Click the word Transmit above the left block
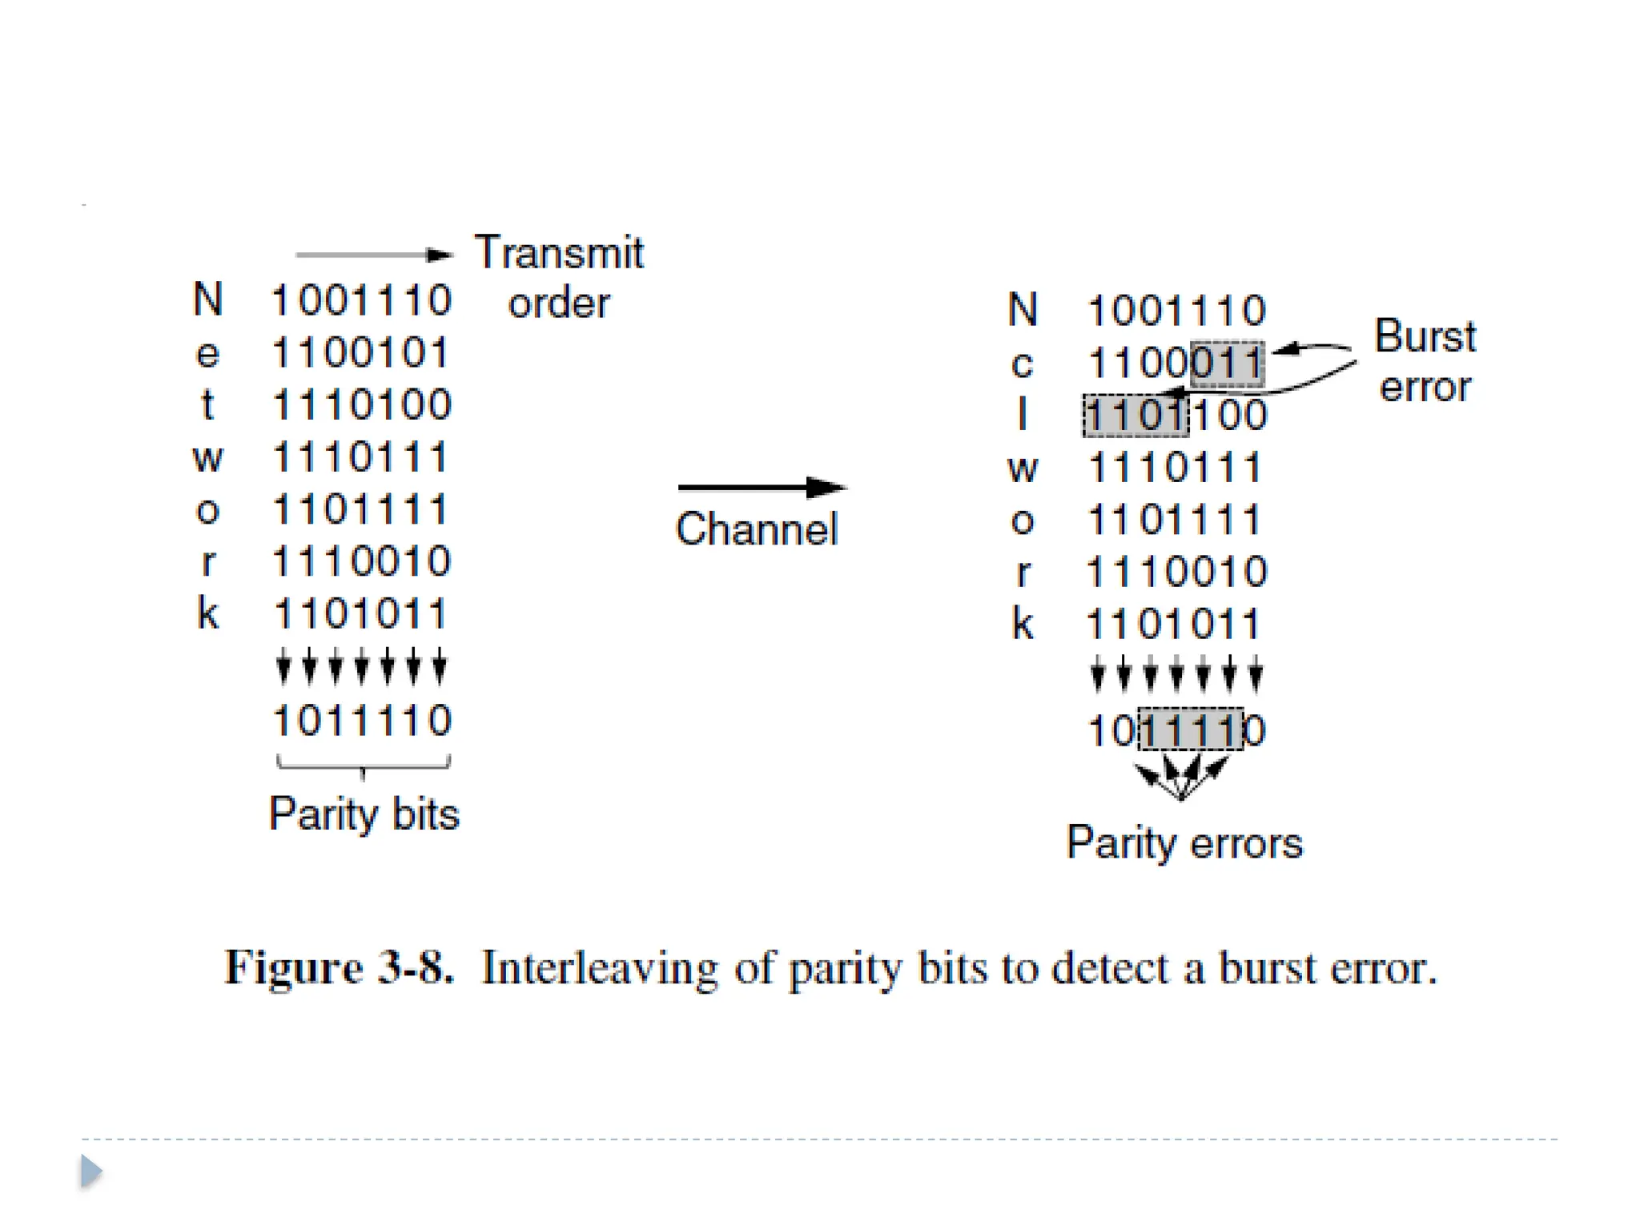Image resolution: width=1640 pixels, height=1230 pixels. (559, 253)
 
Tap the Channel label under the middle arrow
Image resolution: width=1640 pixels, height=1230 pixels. (757, 529)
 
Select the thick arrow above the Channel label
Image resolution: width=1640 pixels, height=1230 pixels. (761, 487)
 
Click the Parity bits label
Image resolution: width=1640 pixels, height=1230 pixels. (364, 814)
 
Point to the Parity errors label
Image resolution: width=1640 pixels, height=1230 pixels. (1184, 843)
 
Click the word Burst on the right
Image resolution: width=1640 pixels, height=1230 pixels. (1425, 336)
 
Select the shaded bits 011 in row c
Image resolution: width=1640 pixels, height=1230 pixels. (1227, 364)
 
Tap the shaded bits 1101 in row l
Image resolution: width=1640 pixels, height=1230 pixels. (1136, 416)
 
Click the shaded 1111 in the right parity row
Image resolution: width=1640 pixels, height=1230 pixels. (1191, 730)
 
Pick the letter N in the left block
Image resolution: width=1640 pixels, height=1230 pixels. (207, 299)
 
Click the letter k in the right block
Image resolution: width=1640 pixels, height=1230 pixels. (1023, 623)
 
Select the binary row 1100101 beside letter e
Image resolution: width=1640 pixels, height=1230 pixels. (360, 352)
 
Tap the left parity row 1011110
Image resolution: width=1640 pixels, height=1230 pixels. (362, 720)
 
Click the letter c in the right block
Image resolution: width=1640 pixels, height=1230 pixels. (1022, 365)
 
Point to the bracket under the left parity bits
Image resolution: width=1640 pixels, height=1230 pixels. (363, 765)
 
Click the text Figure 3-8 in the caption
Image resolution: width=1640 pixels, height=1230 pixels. (339, 967)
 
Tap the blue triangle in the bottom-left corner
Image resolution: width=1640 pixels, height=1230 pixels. (91, 1171)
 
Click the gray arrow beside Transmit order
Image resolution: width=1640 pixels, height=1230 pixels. (373, 255)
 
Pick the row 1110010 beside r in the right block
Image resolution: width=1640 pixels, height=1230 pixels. (1176, 572)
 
